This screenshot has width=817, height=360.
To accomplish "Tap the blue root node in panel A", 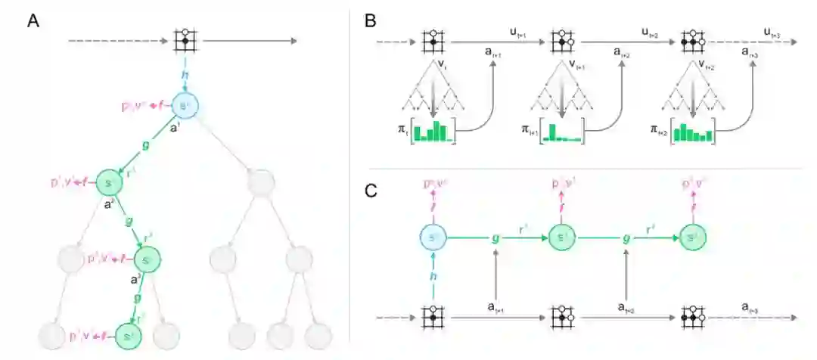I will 184,106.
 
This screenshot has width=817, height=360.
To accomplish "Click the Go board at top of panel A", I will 184,40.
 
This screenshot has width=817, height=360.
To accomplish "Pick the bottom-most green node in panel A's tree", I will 126,334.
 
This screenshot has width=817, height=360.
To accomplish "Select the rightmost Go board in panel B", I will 690,40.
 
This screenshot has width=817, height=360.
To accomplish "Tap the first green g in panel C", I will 495,237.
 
